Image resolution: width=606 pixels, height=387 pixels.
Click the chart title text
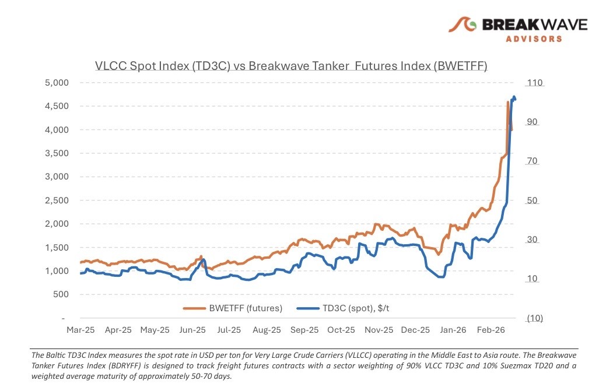coord(291,66)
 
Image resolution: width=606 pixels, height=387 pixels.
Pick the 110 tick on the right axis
coord(535,83)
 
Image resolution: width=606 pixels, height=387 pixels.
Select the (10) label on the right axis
coord(535,318)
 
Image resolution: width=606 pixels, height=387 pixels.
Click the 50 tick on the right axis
coord(533,201)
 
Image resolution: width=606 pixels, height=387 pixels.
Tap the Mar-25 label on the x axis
coord(80,330)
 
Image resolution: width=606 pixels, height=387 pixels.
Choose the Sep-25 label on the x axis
coord(304,330)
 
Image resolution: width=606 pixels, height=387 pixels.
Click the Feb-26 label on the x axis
coord(491,330)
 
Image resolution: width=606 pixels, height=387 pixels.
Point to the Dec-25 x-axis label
coord(416,330)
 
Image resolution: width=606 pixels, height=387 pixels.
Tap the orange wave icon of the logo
coord(463,24)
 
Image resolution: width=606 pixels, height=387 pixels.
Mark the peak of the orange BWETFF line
coord(508,103)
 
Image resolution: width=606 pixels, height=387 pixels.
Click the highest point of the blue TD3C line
coord(514,97)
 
